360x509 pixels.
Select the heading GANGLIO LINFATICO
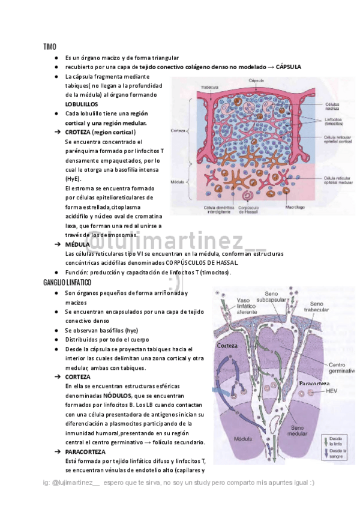coord(67,282)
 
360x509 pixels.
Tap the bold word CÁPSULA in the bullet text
coord(288,67)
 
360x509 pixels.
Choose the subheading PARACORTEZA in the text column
coord(85,451)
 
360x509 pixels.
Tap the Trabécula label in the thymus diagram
coord(210,86)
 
